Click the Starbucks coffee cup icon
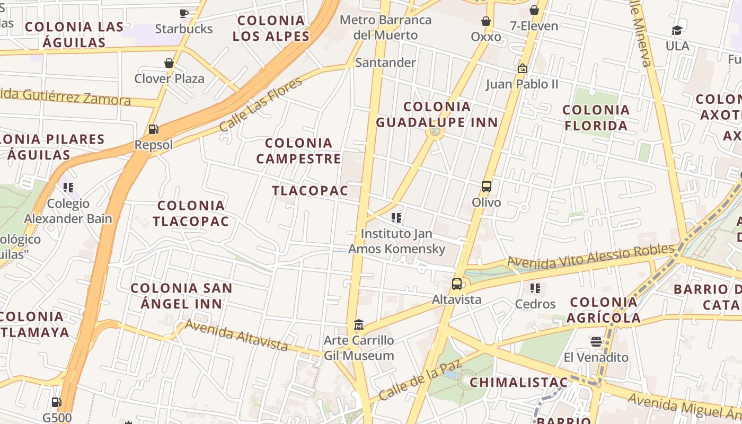pyautogui.click(x=184, y=13)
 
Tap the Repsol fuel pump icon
pyautogui.click(x=153, y=129)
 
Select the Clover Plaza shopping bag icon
pyautogui.click(x=169, y=63)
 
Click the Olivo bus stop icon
pyautogui.click(x=487, y=186)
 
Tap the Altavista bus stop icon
pyautogui.click(x=457, y=284)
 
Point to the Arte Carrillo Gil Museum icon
pyautogui.click(x=359, y=324)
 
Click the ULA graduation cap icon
pyautogui.click(x=677, y=30)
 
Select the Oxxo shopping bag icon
pyautogui.click(x=485, y=21)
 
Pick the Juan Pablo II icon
pyautogui.click(x=522, y=68)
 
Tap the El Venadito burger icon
pyautogui.click(x=596, y=341)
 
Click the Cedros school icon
pyautogui.click(x=535, y=288)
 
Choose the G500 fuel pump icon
pyautogui.click(x=56, y=402)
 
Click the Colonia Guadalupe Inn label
pyautogui.click(x=437, y=114)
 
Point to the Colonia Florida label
pyautogui.click(x=596, y=118)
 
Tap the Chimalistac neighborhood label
pyautogui.click(x=519, y=382)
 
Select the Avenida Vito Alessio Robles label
pyautogui.click(x=590, y=255)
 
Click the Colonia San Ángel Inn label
pyautogui.click(x=181, y=296)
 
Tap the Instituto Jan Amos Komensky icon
pyautogui.click(x=396, y=218)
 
